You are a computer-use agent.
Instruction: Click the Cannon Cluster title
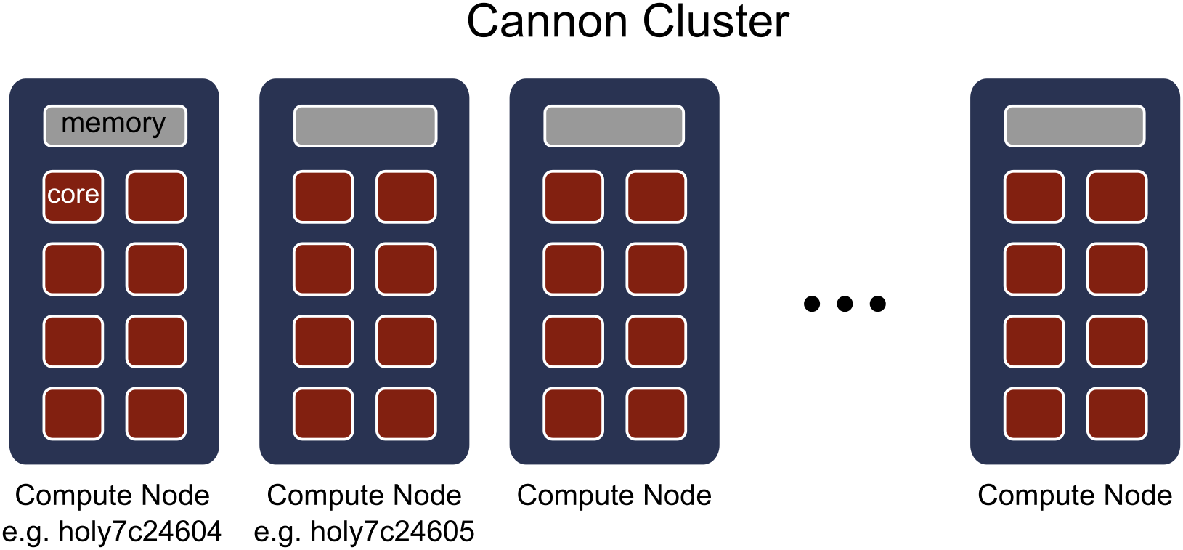627,22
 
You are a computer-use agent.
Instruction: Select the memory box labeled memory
115,126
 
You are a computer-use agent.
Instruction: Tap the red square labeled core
73,196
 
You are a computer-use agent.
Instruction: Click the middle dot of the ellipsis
845,304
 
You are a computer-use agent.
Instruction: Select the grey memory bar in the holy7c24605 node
365,126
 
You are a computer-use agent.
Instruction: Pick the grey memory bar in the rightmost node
1075,126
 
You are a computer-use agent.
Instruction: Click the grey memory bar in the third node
614,126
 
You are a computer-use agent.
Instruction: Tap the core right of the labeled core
156,196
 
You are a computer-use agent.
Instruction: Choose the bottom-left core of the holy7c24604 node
73,414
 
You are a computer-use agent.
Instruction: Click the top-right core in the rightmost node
1117,196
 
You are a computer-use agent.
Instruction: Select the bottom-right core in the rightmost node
1117,414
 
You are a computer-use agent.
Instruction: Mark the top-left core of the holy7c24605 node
323,196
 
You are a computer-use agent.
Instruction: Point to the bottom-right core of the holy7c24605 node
406,414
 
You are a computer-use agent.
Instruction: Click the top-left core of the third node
573,196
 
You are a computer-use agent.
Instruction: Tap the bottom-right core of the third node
656,414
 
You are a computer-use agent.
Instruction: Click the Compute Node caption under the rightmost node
1075,496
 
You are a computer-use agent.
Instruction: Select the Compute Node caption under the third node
614,496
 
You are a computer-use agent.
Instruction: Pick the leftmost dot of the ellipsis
812,304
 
